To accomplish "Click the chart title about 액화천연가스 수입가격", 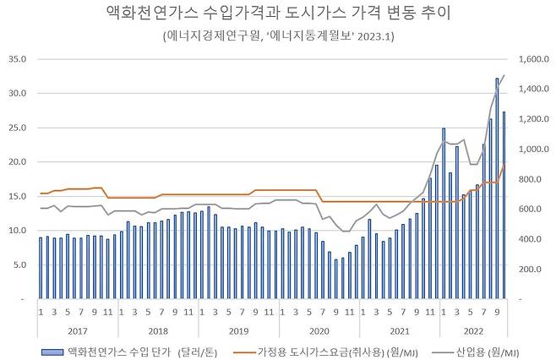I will click(278, 14).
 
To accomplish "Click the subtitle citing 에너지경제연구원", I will click(278, 37).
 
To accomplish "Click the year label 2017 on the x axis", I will click(77, 329).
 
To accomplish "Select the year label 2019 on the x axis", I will click(239, 329).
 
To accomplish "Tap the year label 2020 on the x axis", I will click(319, 329).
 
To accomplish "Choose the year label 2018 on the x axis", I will click(158, 329).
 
